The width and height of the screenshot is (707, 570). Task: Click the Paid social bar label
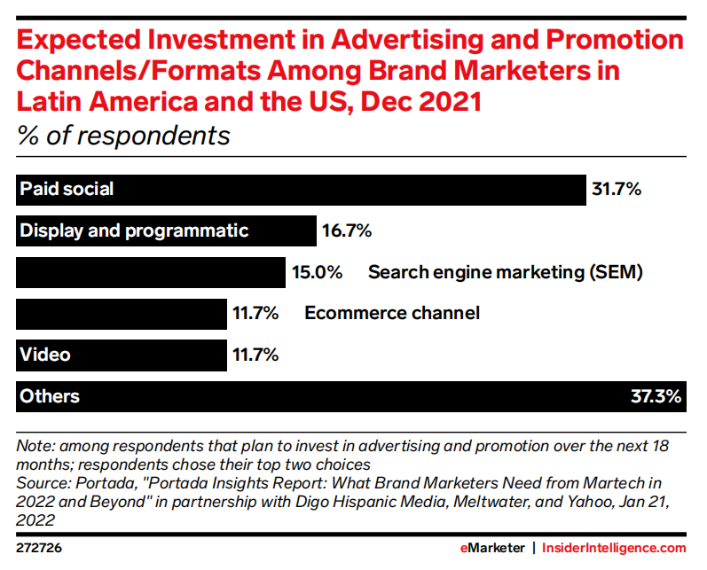coord(67,189)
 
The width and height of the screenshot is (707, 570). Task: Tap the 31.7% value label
coord(617,189)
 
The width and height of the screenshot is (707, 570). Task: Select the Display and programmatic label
coord(134,230)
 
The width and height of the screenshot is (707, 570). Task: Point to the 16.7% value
coord(347,230)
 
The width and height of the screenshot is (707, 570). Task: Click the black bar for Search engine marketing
coord(150,272)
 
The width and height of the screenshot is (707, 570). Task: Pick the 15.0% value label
coord(318,272)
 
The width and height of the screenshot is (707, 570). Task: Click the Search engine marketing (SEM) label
coord(505,272)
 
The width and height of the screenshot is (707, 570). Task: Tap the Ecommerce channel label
coord(391,313)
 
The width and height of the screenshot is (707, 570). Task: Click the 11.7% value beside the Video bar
coord(255,355)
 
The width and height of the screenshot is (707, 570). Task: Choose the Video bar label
coord(45,355)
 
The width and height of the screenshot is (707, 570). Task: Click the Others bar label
coord(50,396)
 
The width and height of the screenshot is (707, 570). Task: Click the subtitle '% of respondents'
coord(123,137)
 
